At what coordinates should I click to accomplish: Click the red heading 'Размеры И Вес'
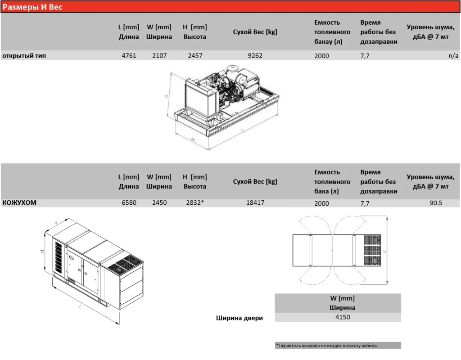click(32, 7)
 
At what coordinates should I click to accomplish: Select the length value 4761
click(129, 55)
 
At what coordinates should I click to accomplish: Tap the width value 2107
click(159, 55)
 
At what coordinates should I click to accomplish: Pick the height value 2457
click(195, 55)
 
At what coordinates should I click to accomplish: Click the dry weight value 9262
click(255, 55)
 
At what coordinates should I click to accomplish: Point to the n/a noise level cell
click(453, 55)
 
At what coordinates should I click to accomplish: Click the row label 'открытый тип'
click(24, 55)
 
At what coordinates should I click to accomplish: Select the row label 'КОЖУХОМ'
click(19, 202)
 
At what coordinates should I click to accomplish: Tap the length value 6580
click(129, 202)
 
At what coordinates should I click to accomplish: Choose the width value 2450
click(159, 202)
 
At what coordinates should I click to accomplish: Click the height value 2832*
click(195, 202)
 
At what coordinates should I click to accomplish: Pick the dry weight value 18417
click(255, 202)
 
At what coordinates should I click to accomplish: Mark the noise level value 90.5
click(436, 203)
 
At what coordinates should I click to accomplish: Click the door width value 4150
click(343, 317)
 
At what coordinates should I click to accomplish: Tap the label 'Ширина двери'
click(240, 318)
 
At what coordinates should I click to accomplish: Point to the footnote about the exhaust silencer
click(327, 346)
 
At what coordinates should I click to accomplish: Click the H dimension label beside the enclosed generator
click(42, 252)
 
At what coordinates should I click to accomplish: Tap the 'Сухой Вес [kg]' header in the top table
click(255, 32)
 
